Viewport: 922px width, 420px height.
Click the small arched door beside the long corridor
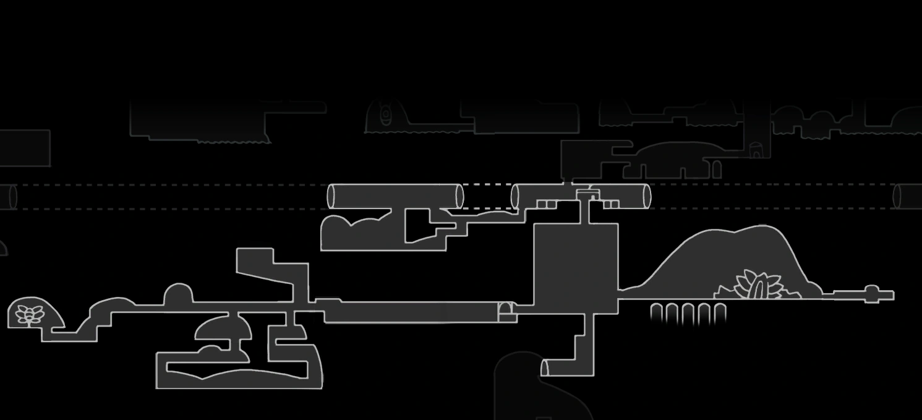tap(506, 311)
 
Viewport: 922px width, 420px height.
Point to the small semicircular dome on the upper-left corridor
tap(178, 294)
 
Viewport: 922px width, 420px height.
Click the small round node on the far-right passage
tap(871, 293)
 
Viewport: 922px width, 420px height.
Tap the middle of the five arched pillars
tap(688, 314)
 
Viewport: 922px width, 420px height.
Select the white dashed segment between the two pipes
tap(487, 184)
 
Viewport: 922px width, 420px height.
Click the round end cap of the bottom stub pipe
tap(545, 368)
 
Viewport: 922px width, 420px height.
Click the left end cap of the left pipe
tap(331, 196)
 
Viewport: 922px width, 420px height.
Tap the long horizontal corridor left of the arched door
tap(411, 312)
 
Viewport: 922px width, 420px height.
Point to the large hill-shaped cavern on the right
tap(730, 260)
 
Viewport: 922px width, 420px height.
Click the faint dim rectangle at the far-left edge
tap(24, 148)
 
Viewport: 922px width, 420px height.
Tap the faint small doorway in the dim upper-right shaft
tap(756, 150)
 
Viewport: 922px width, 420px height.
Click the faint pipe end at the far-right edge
tap(907, 196)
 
